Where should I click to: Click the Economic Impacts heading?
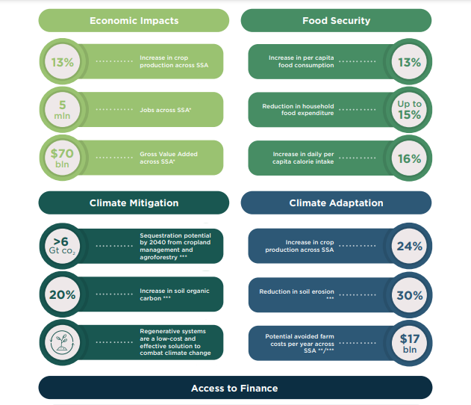click(134, 20)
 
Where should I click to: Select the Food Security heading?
click(336, 20)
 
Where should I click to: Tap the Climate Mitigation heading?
click(134, 202)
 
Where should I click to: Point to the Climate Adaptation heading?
click(336, 202)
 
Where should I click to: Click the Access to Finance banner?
click(234, 388)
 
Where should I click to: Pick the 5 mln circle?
click(63, 110)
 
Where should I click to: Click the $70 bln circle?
click(63, 158)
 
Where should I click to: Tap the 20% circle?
click(63, 294)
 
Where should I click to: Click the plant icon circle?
click(63, 342)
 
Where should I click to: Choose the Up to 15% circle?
click(409, 110)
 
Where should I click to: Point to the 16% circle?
click(409, 158)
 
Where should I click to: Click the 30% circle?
click(409, 294)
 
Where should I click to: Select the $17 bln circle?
click(409, 342)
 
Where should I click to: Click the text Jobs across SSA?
click(166, 110)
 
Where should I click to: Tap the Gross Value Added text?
click(168, 158)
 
